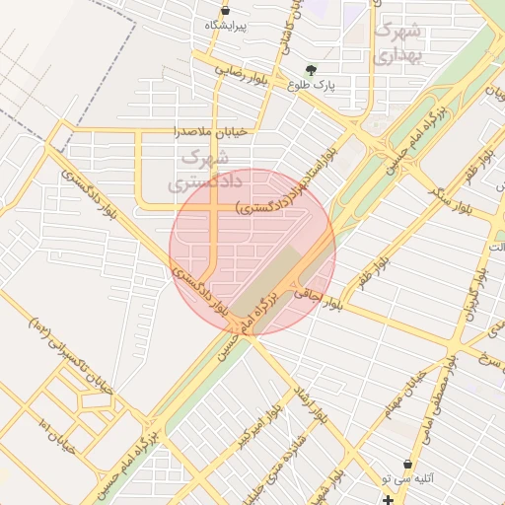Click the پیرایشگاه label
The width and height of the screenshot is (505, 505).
tap(226, 24)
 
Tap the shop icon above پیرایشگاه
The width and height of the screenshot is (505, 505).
tap(226, 10)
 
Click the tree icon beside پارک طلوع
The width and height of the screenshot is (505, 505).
tap(312, 70)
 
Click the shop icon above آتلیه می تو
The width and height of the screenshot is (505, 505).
tap(408, 464)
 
